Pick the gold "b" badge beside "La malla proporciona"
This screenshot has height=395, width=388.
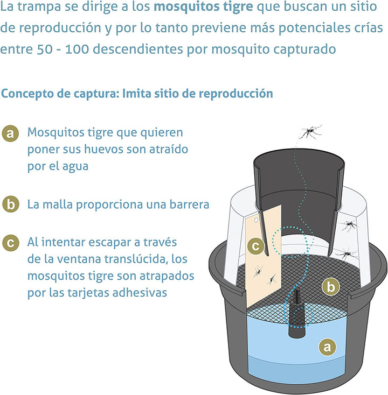[10, 204]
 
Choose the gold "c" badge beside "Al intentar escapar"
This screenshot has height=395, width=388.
[10, 242]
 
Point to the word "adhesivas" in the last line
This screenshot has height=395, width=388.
[142, 293]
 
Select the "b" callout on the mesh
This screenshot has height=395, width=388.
[331, 287]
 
